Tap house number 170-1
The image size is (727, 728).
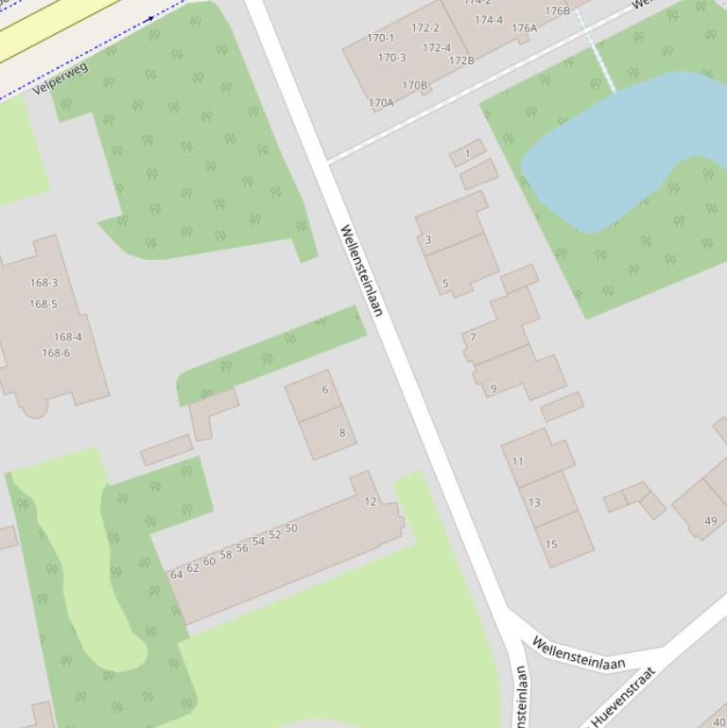pos(380,38)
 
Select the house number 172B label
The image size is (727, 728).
pos(461,61)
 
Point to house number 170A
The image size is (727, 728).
pos(381,103)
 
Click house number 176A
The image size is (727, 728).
pos(524,28)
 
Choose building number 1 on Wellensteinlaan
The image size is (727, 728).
pos(467,153)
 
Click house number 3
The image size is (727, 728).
pos(427,240)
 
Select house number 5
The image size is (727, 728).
pos(445,283)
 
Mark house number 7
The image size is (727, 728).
pos(473,337)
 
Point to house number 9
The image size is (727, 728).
pos(493,389)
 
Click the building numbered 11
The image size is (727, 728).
pos(517,461)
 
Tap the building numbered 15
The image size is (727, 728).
pos(551,544)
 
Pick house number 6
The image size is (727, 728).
pos(324,390)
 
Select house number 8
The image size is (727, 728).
pos(341,433)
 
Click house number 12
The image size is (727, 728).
pos(371,501)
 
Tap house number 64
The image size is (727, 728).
pos(176,574)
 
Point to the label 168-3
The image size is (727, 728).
pos(43,283)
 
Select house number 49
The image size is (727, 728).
pos(710,520)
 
